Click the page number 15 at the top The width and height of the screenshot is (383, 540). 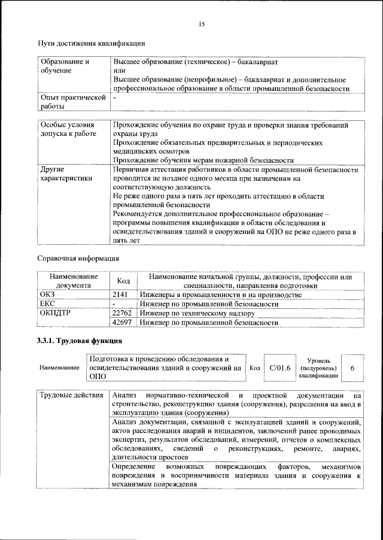pos(202,23)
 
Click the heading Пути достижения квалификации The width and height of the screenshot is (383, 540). pos(91,43)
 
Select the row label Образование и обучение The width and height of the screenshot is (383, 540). pos(64,66)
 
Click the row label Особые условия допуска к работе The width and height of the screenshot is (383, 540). pos(68,130)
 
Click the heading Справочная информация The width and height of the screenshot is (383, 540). pos(78,259)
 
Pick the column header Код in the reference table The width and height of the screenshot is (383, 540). pos(123,281)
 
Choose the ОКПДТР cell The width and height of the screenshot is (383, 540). pos(55,313)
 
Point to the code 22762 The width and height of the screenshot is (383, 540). pos(123,313)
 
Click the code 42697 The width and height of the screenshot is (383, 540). pos(123,322)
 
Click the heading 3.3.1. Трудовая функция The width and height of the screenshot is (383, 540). pos(80,342)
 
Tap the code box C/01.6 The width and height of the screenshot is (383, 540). pos(279,368)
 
